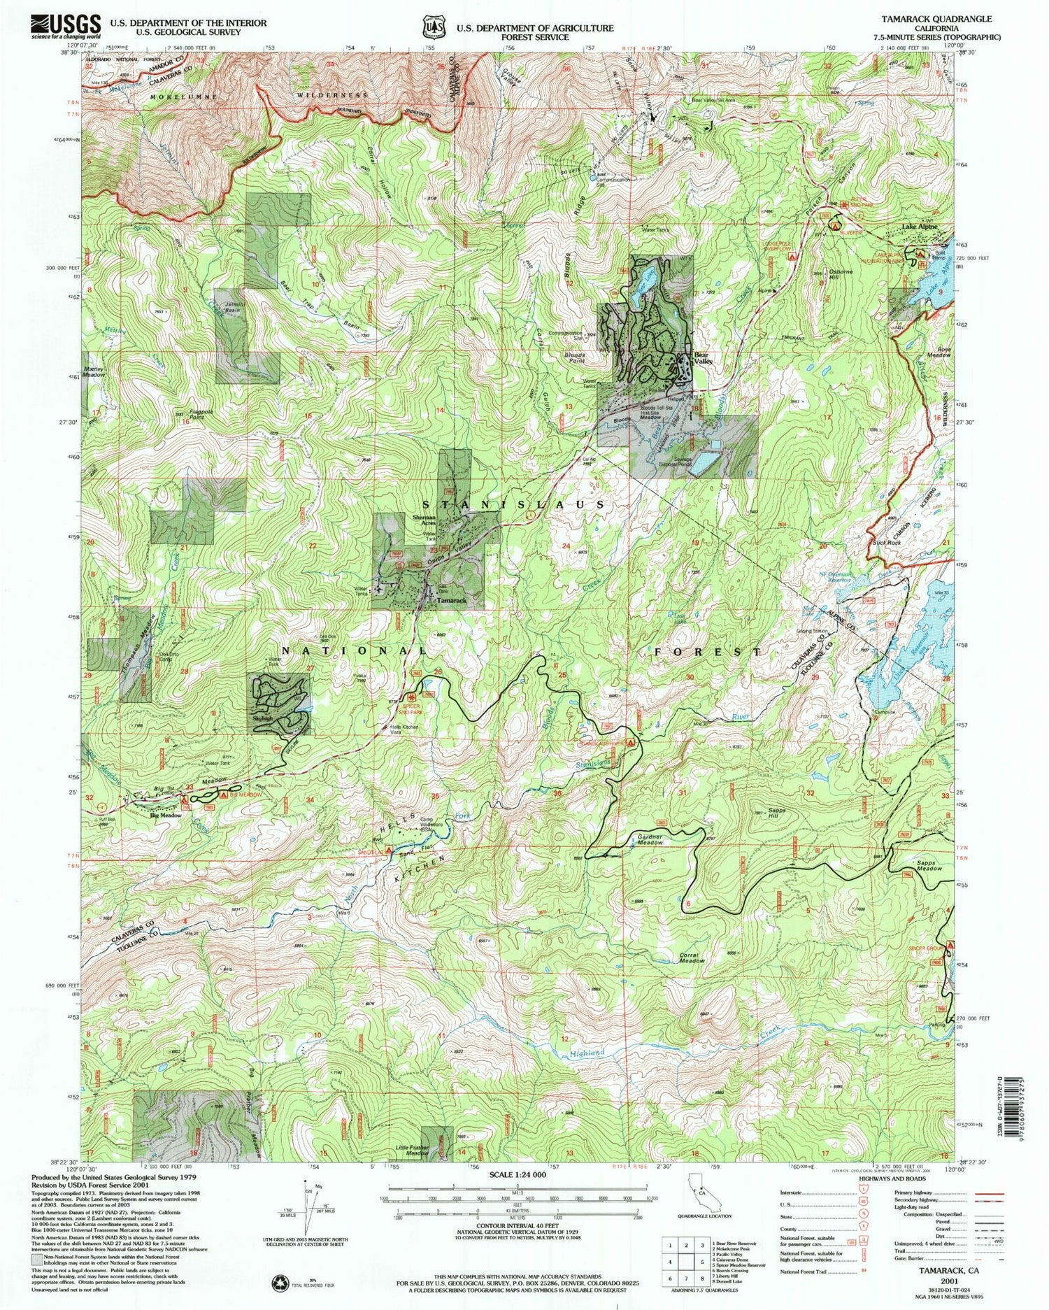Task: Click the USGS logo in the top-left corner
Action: coord(66,27)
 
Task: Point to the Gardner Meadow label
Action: coord(650,839)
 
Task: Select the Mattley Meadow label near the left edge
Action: coord(93,371)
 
